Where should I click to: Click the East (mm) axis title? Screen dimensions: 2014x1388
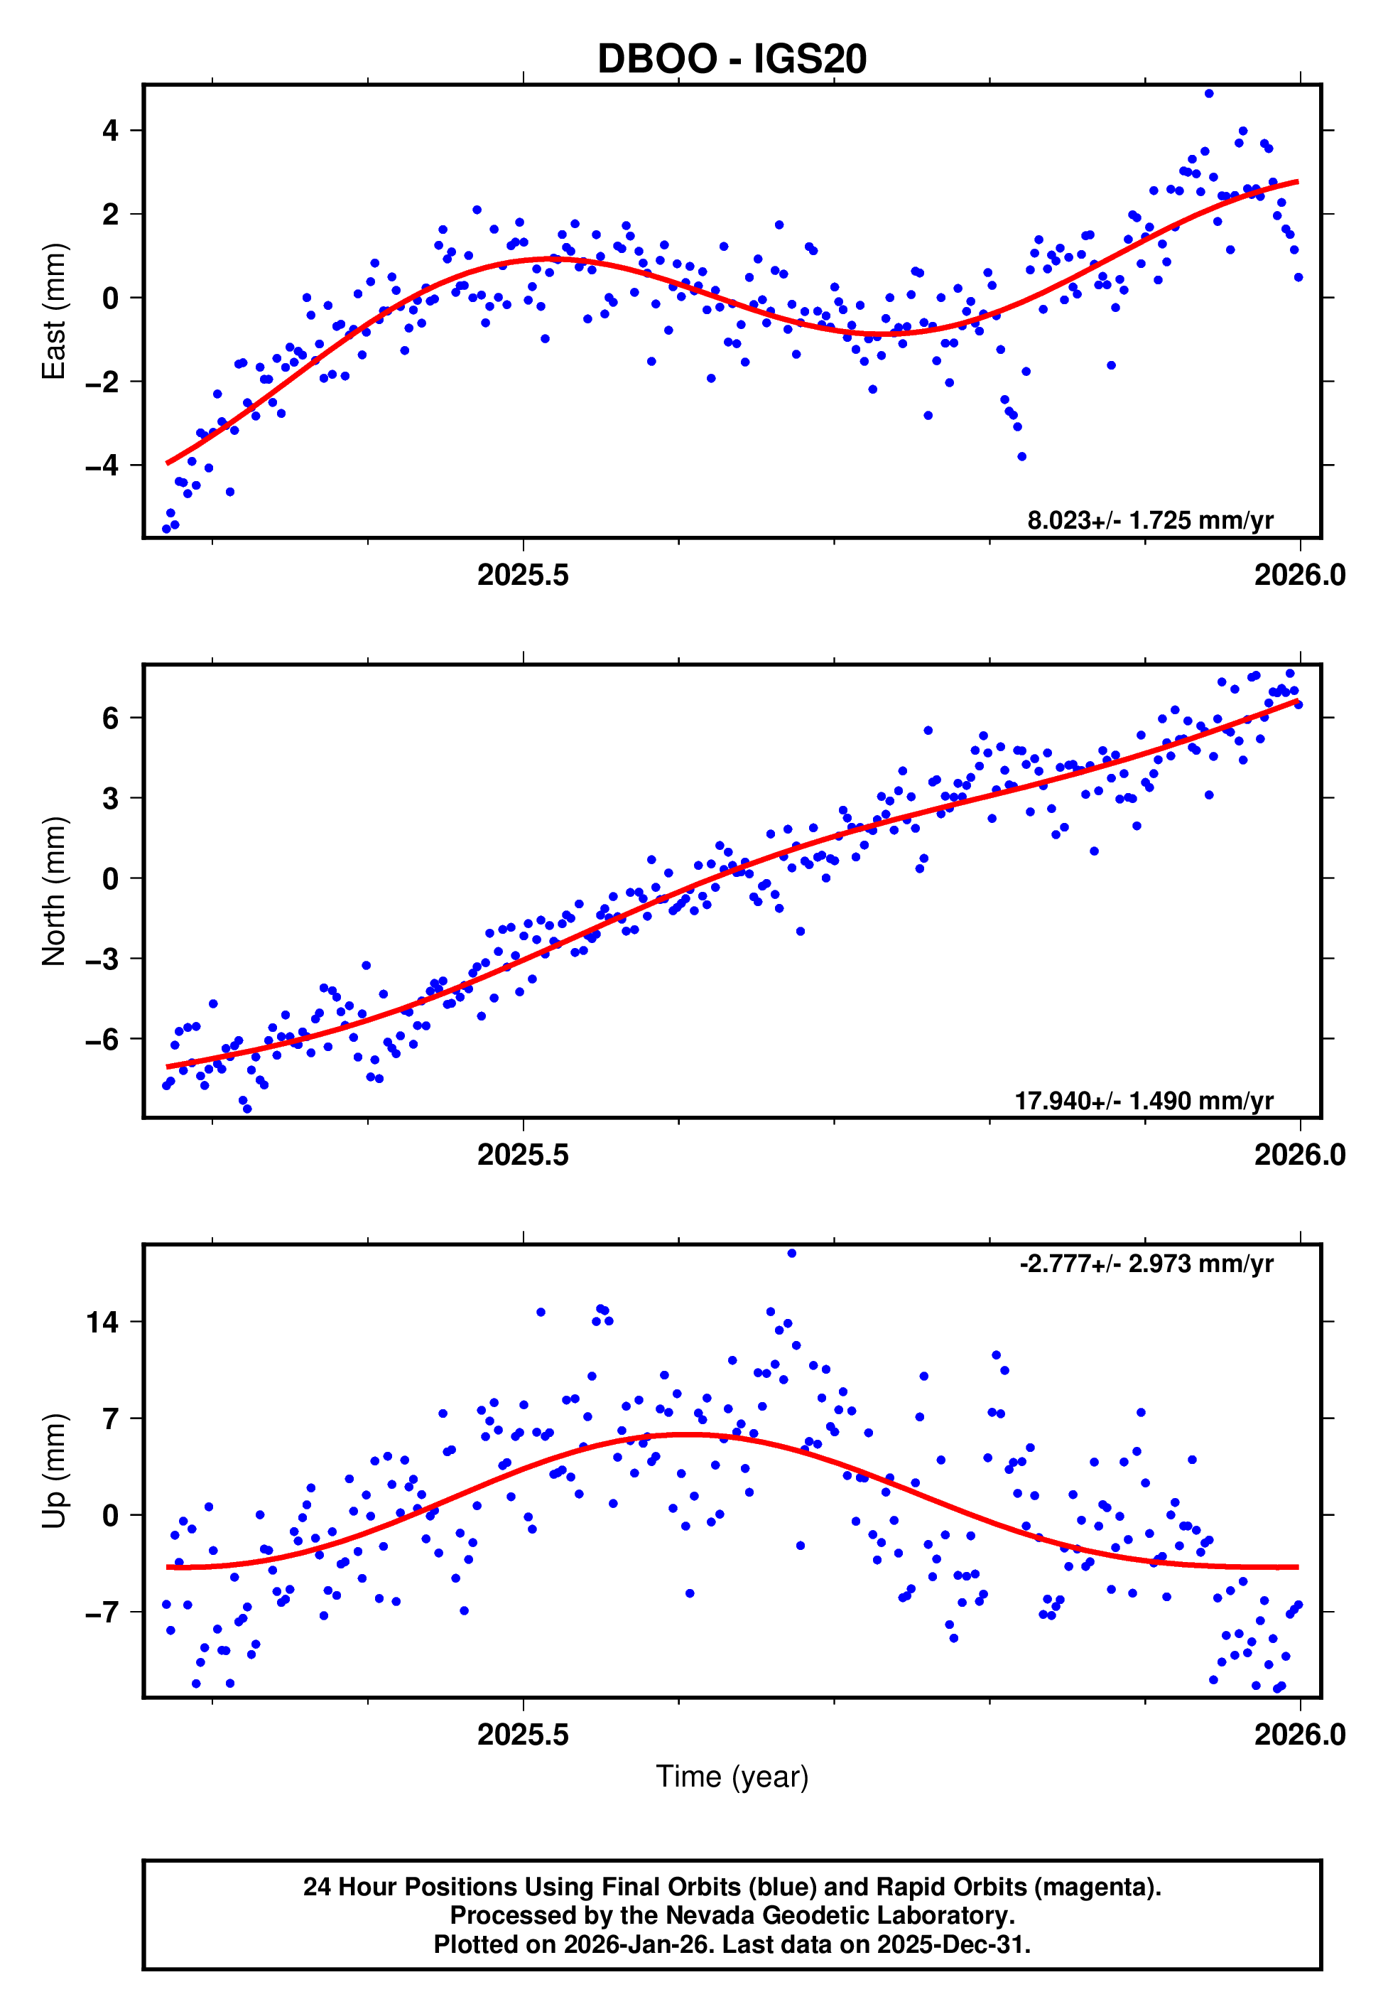[x=54, y=311]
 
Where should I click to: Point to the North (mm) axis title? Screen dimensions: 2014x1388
[x=54, y=891]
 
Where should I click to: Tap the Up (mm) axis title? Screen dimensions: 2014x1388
[x=54, y=1470]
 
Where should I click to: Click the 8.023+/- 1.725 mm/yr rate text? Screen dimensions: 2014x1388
[x=1150, y=520]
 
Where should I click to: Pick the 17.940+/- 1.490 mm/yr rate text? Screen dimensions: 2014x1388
[x=1144, y=1101]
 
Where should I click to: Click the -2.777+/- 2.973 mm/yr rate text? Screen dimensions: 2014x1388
[x=1146, y=1264]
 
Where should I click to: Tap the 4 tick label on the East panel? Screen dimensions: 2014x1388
[x=109, y=131]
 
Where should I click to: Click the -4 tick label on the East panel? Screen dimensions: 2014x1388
[x=102, y=465]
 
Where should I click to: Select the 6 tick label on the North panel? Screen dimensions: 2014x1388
[x=109, y=718]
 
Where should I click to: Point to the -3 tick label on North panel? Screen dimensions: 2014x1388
[x=102, y=959]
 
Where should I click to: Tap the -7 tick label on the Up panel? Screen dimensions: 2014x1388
[x=102, y=1612]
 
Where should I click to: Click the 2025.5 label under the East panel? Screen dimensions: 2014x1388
[x=523, y=575]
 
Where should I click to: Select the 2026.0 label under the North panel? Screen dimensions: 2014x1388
[x=1299, y=1156]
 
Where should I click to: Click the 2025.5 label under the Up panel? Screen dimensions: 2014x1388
[x=523, y=1735]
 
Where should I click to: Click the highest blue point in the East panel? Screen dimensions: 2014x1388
[x=1209, y=93]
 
